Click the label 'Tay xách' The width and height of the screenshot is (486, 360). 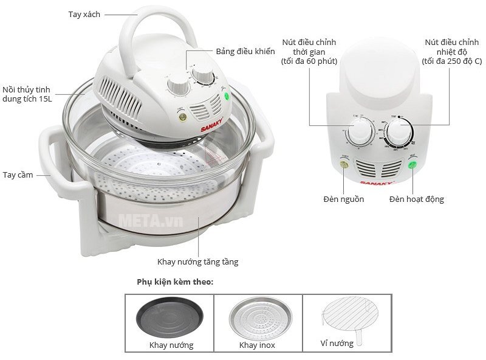click(84, 14)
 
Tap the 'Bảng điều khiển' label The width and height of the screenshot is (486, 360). click(245, 52)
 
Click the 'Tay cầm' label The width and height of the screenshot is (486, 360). click(16, 175)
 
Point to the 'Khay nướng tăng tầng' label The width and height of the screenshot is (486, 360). click(197, 262)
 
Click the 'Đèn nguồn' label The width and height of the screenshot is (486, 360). click(344, 199)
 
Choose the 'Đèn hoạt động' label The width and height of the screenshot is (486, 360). click(416, 199)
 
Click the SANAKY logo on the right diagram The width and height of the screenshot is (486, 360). click(378, 182)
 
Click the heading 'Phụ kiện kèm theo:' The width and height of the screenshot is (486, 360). click(175, 282)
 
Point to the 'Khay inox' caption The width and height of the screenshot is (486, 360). click(257, 345)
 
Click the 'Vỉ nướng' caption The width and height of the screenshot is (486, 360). click(337, 343)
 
